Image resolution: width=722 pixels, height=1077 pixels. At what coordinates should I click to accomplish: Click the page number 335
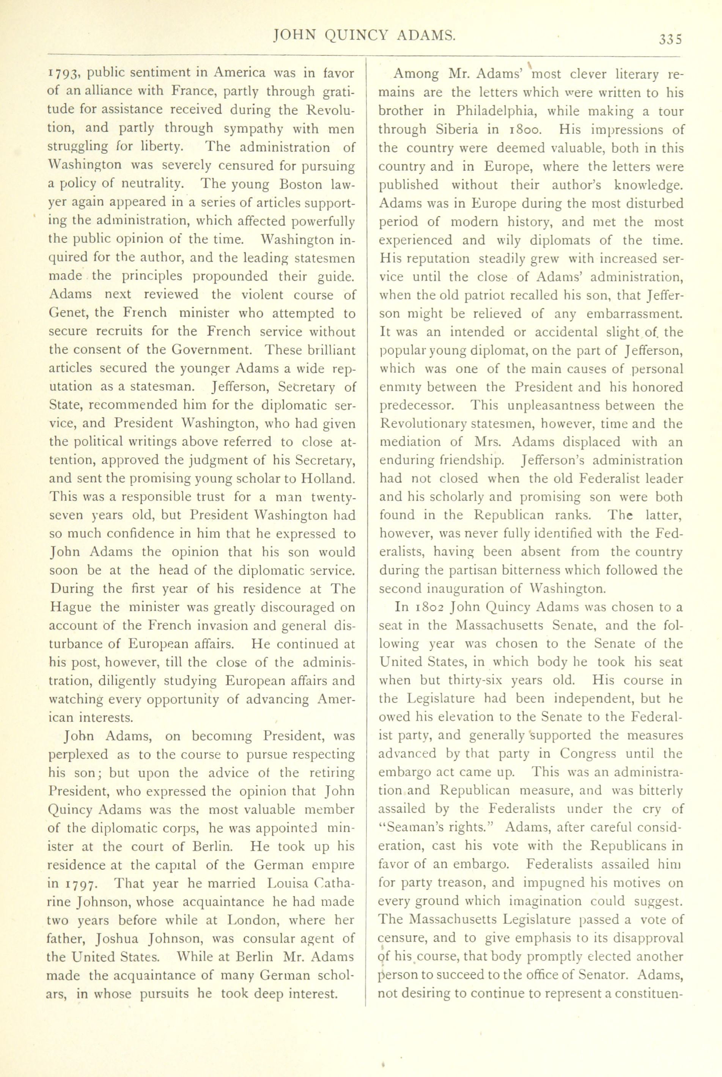(670, 39)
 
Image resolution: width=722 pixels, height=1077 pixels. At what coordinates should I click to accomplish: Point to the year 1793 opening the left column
(65, 74)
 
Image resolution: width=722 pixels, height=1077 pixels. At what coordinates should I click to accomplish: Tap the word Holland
(328, 478)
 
